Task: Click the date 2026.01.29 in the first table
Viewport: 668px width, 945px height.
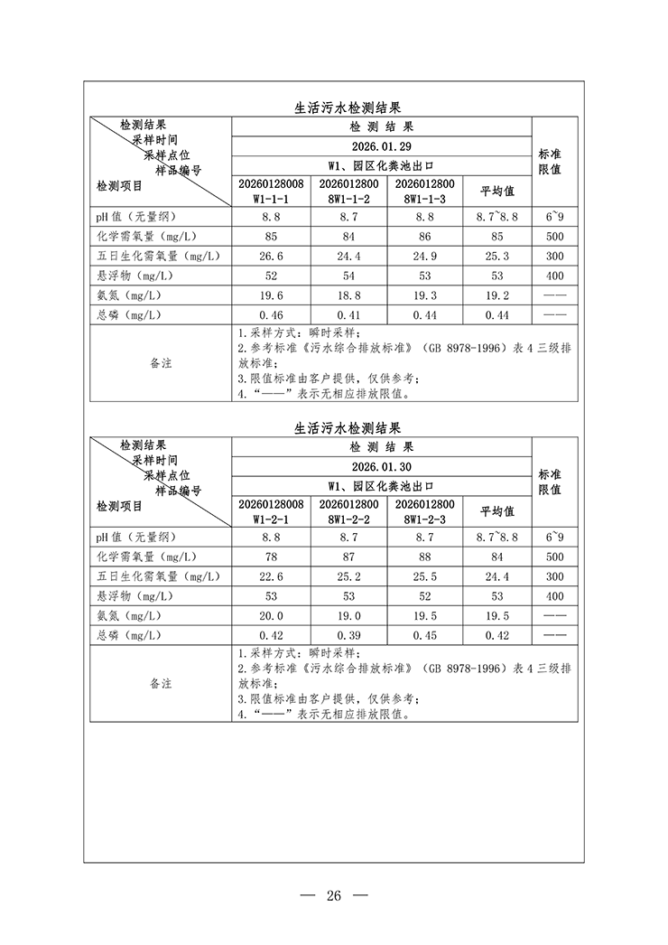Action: (x=382, y=146)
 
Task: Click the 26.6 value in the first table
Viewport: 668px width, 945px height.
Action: (x=271, y=256)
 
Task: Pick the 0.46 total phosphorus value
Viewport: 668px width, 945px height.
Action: (x=271, y=314)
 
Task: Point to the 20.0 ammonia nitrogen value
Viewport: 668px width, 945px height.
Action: (x=271, y=615)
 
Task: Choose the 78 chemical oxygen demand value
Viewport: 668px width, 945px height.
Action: (x=271, y=557)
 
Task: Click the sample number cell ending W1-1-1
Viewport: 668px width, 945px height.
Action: (x=271, y=191)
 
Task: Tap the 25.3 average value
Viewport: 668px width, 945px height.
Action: (x=496, y=256)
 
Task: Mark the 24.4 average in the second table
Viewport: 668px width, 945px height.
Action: (x=496, y=576)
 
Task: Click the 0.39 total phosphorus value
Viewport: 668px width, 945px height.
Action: (x=348, y=635)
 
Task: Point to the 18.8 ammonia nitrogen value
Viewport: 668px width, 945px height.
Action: (x=348, y=295)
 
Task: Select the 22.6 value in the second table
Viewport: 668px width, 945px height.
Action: (x=271, y=576)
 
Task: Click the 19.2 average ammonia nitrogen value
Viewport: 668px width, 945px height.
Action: (x=496, y=295)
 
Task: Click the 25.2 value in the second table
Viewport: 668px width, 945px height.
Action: (x=348, y=576)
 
